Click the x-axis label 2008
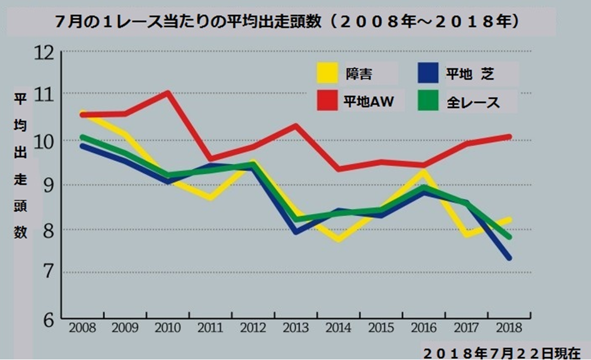[82, 329]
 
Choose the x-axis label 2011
[211, 329]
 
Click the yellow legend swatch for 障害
[328, 73]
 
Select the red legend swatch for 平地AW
[328, 101]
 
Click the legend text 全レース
[473, 102]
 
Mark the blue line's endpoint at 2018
[509, 258]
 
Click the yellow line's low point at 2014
[339, 239]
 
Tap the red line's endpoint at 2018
[509, 137]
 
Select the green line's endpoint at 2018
[509, 237]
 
